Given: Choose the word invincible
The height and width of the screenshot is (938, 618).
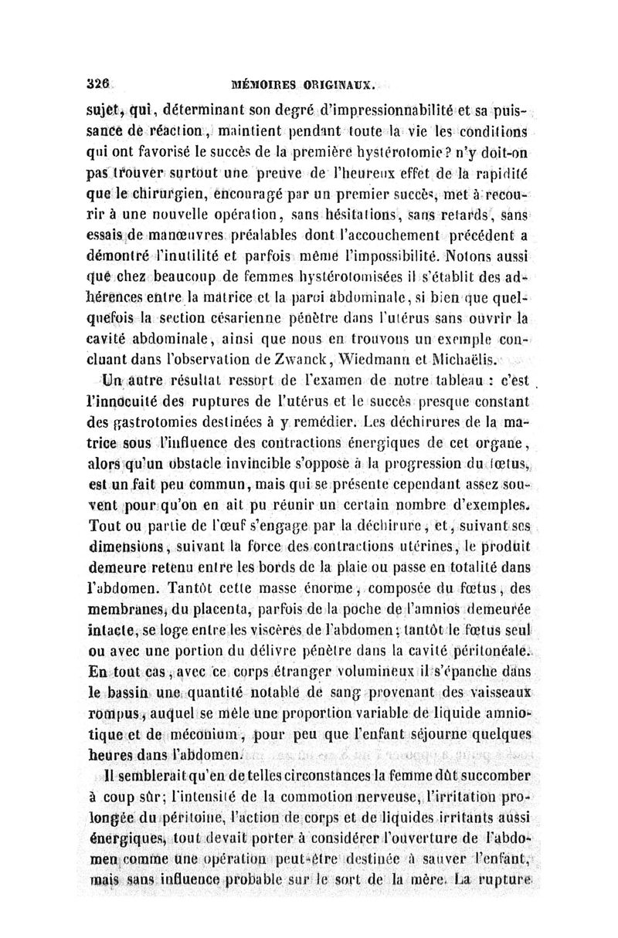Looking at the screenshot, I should tap(253, 465).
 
